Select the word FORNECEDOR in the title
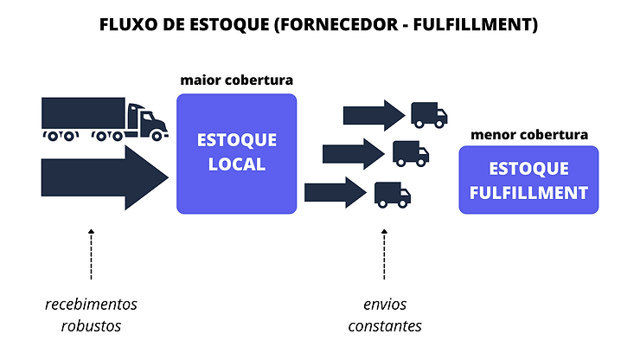(336, 25)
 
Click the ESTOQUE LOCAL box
(236, 153)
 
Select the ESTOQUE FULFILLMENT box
(528, 180)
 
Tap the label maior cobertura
(236, 80)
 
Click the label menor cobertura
(529, 135)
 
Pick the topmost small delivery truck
(428, 114)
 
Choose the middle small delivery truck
(411, 153)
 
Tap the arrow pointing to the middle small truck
(353, 154)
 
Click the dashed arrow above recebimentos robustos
(91, 254)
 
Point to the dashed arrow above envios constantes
(384, 254)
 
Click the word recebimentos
(91, 305)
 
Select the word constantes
(385, 326)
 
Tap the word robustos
(91, 326)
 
